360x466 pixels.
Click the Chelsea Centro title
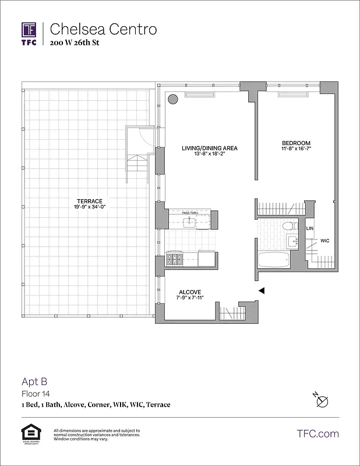point(103,29)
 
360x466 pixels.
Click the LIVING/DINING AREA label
point(209,148)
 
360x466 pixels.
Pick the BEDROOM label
point(296,143)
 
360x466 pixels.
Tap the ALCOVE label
point(190,292)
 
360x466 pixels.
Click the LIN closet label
point(310,228)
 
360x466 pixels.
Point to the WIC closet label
point(324,240)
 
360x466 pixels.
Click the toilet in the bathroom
point(287,227)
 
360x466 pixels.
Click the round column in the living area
point(173,100)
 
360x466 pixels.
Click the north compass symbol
point(321,401)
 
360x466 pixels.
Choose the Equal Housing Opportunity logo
point(29,434)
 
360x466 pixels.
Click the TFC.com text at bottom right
point(318,434)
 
